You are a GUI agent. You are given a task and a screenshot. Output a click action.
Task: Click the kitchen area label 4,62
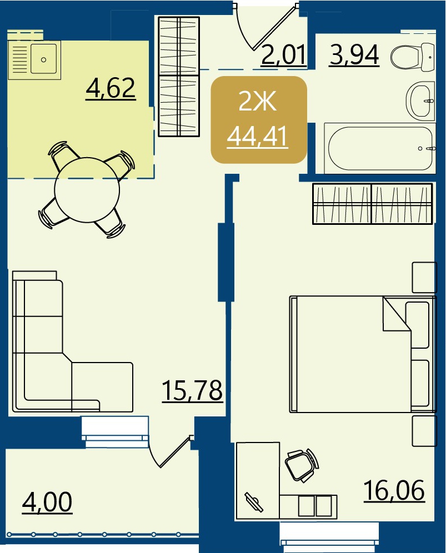(111, 88)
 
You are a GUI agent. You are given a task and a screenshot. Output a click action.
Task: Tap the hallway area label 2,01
(283, 55)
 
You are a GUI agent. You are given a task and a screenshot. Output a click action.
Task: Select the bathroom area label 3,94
(354, 55)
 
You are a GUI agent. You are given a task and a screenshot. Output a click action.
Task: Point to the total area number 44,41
(257, 137)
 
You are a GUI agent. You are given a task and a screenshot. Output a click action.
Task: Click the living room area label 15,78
(192, 390)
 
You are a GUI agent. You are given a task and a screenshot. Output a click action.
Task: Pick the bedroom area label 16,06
(394, 490)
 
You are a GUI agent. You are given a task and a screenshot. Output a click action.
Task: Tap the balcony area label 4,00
(47, 502)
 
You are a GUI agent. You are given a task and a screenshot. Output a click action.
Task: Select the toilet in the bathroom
(412, 56)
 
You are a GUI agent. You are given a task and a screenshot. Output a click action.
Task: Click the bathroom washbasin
(420, 100)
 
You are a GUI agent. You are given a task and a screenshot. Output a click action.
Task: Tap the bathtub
(380, 148)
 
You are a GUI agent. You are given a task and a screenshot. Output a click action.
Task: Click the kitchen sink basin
(43, 59)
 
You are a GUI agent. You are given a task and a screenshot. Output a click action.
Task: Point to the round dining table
(87, 190)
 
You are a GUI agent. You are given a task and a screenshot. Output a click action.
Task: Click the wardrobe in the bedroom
(372, 204)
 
